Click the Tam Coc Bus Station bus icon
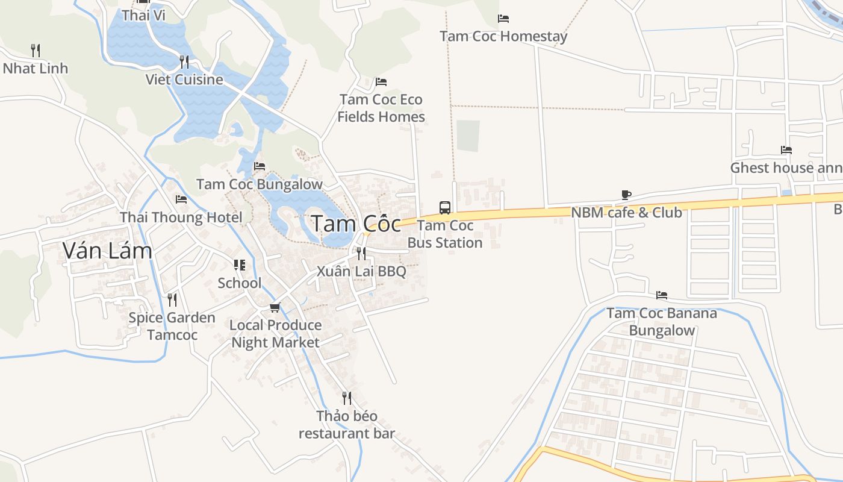coord(445,208)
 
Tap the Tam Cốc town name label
coord(356,224)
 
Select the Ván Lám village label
coord(107,251)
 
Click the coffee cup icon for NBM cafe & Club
coord(626,195)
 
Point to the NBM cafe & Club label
coord(626,213)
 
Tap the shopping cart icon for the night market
coord(275,308)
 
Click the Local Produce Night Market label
coord(276,334)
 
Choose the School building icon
coord(240,265)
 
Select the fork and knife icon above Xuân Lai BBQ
coord(361,253)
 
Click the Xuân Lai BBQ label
coord(361,271)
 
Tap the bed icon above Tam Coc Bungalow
coord(260,166)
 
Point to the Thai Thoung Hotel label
coord(181,218)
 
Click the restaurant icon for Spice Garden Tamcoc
coord(172,299)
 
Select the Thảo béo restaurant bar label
coord(347,425)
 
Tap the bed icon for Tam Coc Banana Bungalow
coord(662,295)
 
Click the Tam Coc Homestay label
coord(503,36)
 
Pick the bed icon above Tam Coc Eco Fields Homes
coord(381,82)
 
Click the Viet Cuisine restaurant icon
coord(184,61)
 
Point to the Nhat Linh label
coord(36,69)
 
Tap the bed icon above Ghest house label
coord(786,150)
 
